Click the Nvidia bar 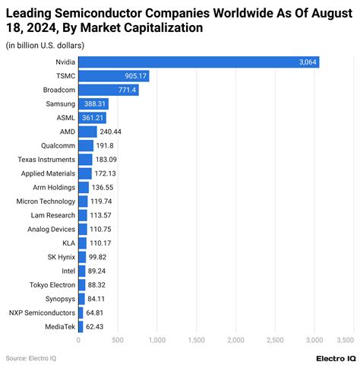pyautogui.click(x=199, y=62)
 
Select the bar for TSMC pyautogui.click(x=114, y=76)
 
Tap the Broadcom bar pyautogui.click(x=109, y=90)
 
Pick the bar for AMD pyautogui.click(x=87, y=132)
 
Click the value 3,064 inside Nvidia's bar pyautogui.click(x=308, y=62)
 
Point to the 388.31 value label pyautogui.click(x=95, y=104)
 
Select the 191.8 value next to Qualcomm pyautogui.click(x=105, y=146)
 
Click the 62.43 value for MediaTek pyautogui.click(x=94, y=327)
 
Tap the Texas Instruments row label pyautogui.click(x=46, y=160)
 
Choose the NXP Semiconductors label pyautogui.click(x=43, y=312)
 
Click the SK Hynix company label pyautogui.click(x=62, y=257)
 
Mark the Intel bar pyautogui.click(x=82, y=271)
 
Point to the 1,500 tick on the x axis pyautogui.click(x=197, y=340)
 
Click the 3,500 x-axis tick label pyautogui.click(x=345, y=340)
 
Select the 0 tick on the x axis pyautogui.click(x=78, y=340)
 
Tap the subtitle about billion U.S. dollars pyautogui.click(x=45, y=46)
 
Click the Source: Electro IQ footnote pyautogui.click(x=31, y=358)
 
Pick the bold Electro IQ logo pyautogui.click(x=336, y=359)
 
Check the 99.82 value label pyautogui.click(x=97, y=257)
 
